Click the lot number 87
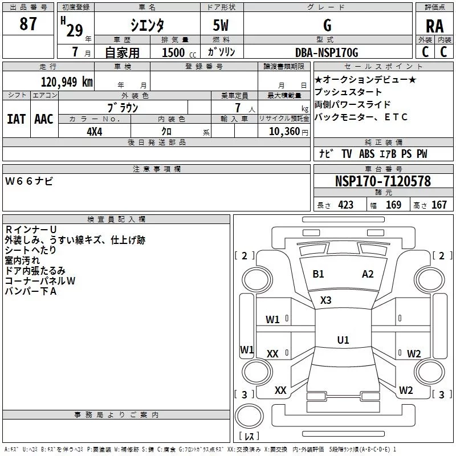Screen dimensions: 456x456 (28, 23)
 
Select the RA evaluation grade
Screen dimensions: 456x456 (434, 26)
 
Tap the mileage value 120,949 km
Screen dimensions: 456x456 (67, 82)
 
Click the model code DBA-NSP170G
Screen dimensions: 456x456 (327, 52)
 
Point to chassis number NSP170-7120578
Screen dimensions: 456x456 (383, 181)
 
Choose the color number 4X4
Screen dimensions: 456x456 (95, 132)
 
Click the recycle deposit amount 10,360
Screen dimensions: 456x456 (284, 132)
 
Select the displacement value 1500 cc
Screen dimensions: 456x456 (179, 52)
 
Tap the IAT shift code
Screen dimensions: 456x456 (17, 119)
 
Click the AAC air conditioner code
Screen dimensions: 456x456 (44, 119)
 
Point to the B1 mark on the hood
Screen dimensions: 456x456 (318, 274)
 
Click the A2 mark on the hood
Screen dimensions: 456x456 (368, 274)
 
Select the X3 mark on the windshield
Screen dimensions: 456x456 (325, 300)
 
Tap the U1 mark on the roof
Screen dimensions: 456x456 (343, 340)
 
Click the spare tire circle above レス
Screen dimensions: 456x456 (249, 416)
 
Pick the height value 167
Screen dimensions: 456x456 (439, 205)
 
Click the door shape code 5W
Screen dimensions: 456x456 (221, 25)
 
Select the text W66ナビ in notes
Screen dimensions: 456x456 (29, 181)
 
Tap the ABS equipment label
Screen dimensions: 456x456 (367, 154)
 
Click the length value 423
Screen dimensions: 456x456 (346, 205)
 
